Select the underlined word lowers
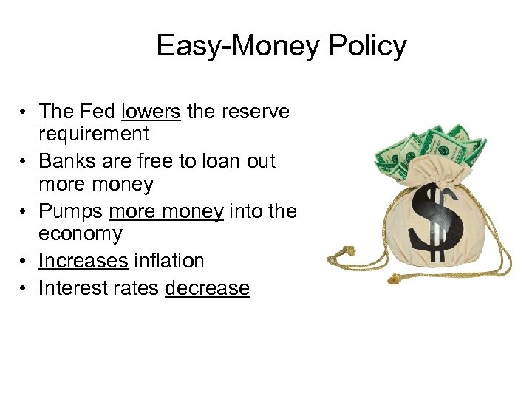[x=151, y=112]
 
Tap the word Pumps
[x=71, y=211]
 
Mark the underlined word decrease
[x=208, y=287]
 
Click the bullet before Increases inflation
[x=25, y=261]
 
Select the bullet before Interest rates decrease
[x=25, y=287]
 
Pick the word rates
[x=136, y=287]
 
